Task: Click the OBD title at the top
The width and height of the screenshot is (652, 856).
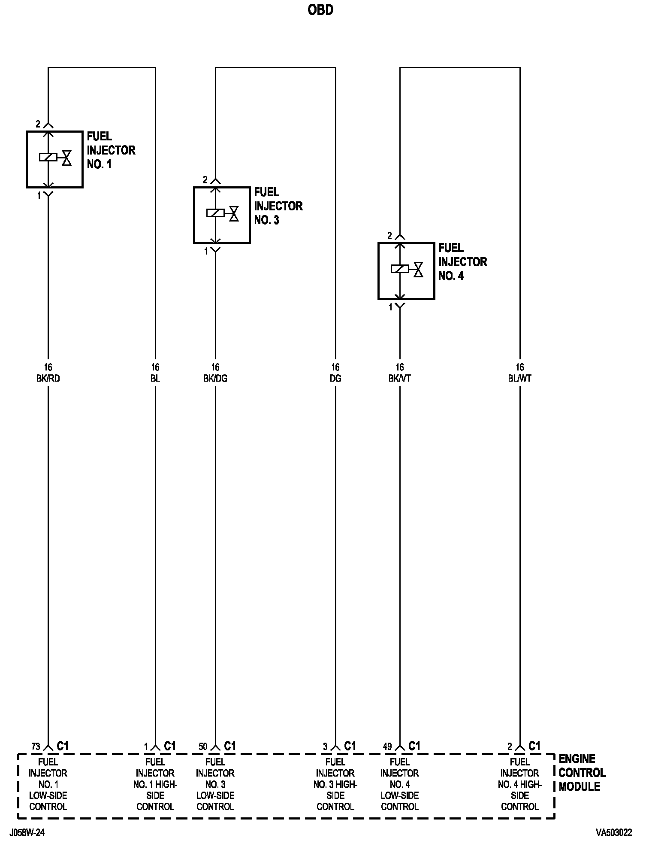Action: pos(320,10)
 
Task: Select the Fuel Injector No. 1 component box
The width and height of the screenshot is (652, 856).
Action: pos(54,159)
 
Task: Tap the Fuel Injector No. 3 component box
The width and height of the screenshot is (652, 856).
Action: pos(222,215)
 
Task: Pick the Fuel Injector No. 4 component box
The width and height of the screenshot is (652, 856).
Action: pos(406,271)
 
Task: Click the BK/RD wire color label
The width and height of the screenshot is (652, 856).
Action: pos(48,379)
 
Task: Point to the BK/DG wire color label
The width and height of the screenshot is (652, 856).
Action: pos(215,379)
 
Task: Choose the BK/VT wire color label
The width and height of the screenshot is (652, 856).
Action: pos(400,379)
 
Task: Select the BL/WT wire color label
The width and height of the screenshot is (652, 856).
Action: pos(520,379)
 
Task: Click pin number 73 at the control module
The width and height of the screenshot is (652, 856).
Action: pos(36,747)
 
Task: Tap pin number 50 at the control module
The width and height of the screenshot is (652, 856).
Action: pos(203,747)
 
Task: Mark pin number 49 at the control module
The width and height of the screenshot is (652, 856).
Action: pos(387,747)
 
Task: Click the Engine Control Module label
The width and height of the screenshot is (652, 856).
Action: pos(582,773)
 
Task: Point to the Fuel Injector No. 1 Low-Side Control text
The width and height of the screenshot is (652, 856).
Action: pos(48,784)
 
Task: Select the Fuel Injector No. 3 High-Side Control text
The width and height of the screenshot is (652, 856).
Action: pos(335,784)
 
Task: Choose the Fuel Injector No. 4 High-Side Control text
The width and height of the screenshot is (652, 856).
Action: pos(520,784)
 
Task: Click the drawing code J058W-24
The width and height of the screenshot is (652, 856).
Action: pos(27,833)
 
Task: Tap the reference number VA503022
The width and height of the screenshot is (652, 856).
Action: pos(614,833)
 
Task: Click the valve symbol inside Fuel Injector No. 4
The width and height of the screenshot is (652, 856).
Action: pos(418,269)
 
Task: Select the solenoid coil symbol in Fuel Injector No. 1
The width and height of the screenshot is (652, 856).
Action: pos(48,157)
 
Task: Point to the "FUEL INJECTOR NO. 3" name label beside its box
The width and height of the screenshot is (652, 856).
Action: pos(278,206)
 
